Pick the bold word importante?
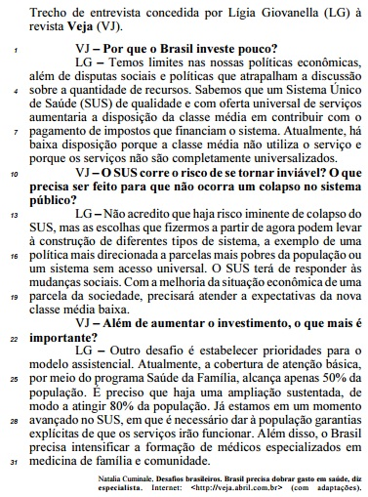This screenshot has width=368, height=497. click(79, 341)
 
